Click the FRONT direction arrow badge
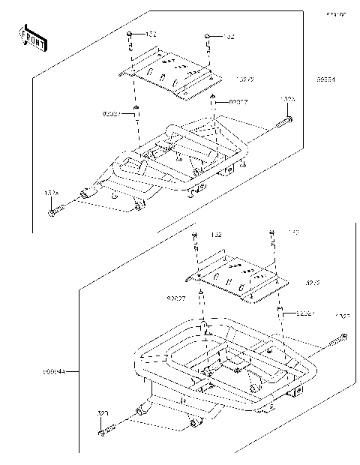click(x=32, y=38)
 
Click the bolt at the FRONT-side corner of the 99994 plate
click(x=130, y=37)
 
